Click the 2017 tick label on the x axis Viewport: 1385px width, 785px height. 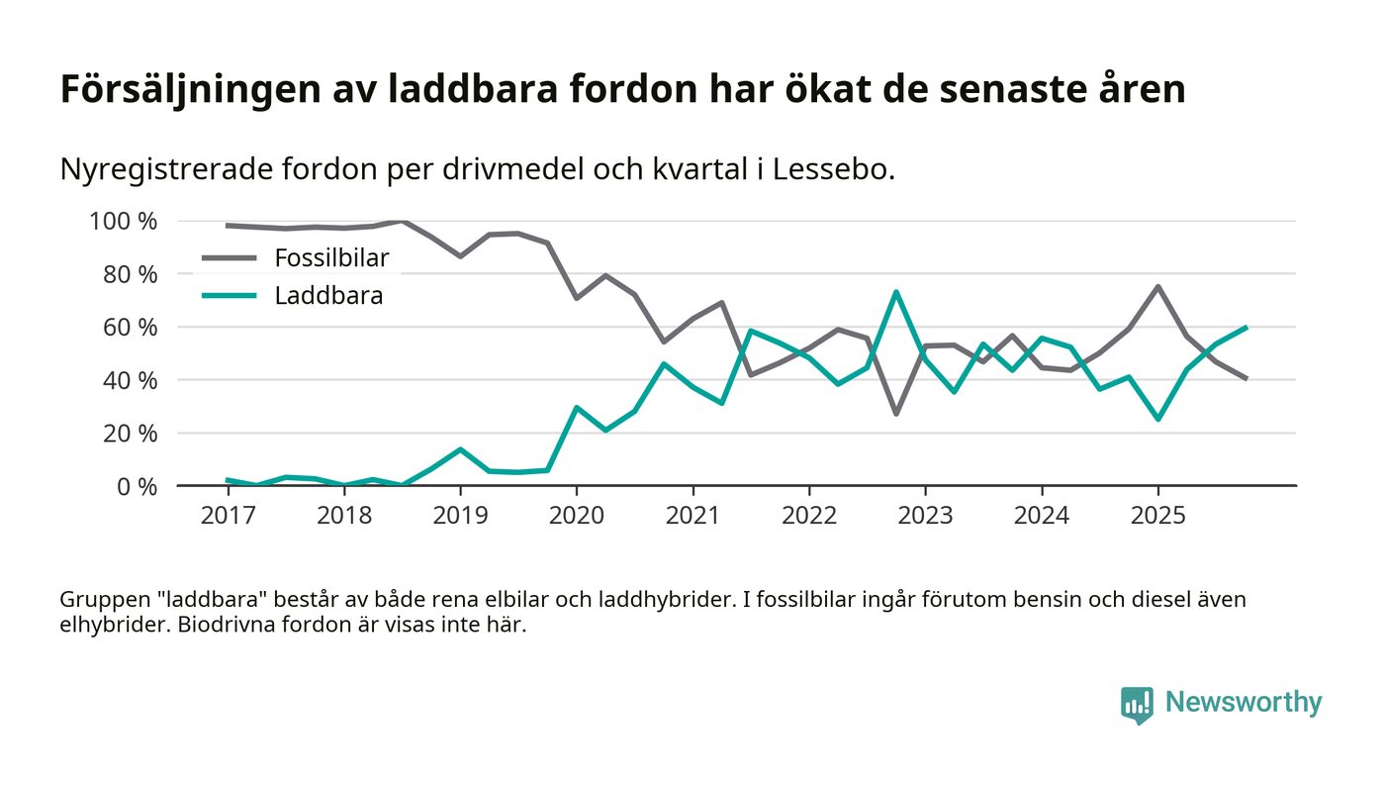[x=228, y=516]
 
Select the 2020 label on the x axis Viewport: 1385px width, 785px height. [x=576, y=516]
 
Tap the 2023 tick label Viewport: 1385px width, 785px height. [x=925, y=516]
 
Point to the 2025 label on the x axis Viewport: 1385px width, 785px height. [x=1157, y=516]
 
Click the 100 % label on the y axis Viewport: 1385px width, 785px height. [x=124, y=221]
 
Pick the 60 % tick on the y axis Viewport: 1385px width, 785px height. [x=131, y=327]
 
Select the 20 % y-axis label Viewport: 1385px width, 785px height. [x=131, y=433]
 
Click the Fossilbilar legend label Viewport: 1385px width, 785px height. [x=331, y=258]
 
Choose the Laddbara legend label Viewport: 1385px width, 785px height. [x=328, y=295]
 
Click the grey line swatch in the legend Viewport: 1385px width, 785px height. [x=229, y=258]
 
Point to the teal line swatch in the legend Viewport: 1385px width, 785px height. [x=229, y=295]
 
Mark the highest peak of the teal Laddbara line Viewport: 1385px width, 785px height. [x=895, y=292]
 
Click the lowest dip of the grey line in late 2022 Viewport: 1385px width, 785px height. [x=895, y=413]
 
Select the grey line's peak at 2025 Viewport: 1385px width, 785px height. [x=1157, y=287]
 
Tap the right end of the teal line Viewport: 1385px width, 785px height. [x=1246, y=327]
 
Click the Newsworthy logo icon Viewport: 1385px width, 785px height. [x=1137, y=704]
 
